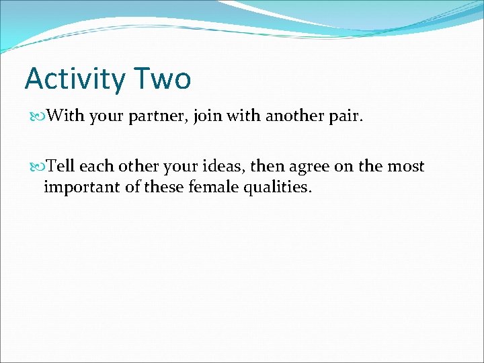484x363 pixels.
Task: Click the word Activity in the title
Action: coord(74,79)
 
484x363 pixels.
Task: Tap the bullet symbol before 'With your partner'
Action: coord(39,116)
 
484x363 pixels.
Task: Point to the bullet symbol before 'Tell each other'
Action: coord(39,167)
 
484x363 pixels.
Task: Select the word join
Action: coord(207,116)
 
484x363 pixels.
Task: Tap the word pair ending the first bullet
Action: coord(346,116)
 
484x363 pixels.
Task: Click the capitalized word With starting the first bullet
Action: coord(66,116)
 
